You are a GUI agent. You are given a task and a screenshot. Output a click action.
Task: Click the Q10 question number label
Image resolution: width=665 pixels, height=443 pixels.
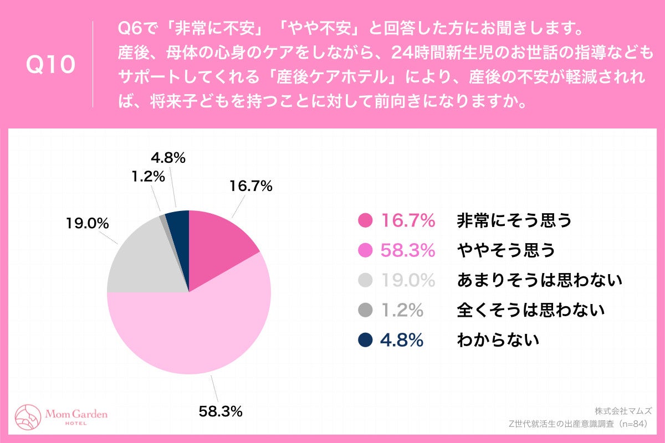pyautogui.click(x=51, y=65)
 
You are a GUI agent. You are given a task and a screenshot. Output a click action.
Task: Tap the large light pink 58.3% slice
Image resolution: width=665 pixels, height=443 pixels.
pyautogui.click(x=194, y=332)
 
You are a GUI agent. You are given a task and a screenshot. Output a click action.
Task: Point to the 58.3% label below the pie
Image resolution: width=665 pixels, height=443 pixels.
pyautogui.click(x=221, y=411)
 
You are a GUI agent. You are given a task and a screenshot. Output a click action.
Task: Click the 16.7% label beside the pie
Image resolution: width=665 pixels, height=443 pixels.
pyautogui.click(x=250, y=187)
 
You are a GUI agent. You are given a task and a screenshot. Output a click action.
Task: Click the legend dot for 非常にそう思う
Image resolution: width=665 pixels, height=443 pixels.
pyautogui.click(x=366, y=221)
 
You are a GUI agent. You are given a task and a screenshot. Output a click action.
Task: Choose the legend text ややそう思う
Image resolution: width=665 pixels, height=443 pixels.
pyautogui.click(x=505, y=251)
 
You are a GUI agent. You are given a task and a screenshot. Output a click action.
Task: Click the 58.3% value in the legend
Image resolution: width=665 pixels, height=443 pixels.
pyautogui.click(x=407, y=251)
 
